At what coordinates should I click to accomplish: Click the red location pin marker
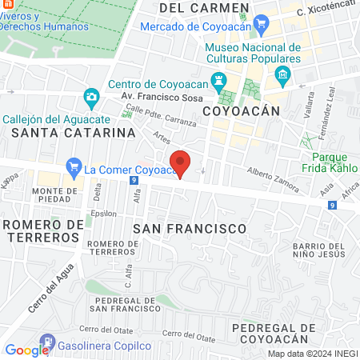181,164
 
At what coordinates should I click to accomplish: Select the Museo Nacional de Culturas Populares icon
282,77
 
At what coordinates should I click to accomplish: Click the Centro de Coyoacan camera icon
222,85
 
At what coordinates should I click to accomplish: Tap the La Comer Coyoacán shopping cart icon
74,169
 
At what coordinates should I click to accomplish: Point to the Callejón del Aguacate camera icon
91,98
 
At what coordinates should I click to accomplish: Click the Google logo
26,350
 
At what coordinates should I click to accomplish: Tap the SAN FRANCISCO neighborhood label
189,229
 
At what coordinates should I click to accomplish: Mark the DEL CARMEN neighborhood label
204,7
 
